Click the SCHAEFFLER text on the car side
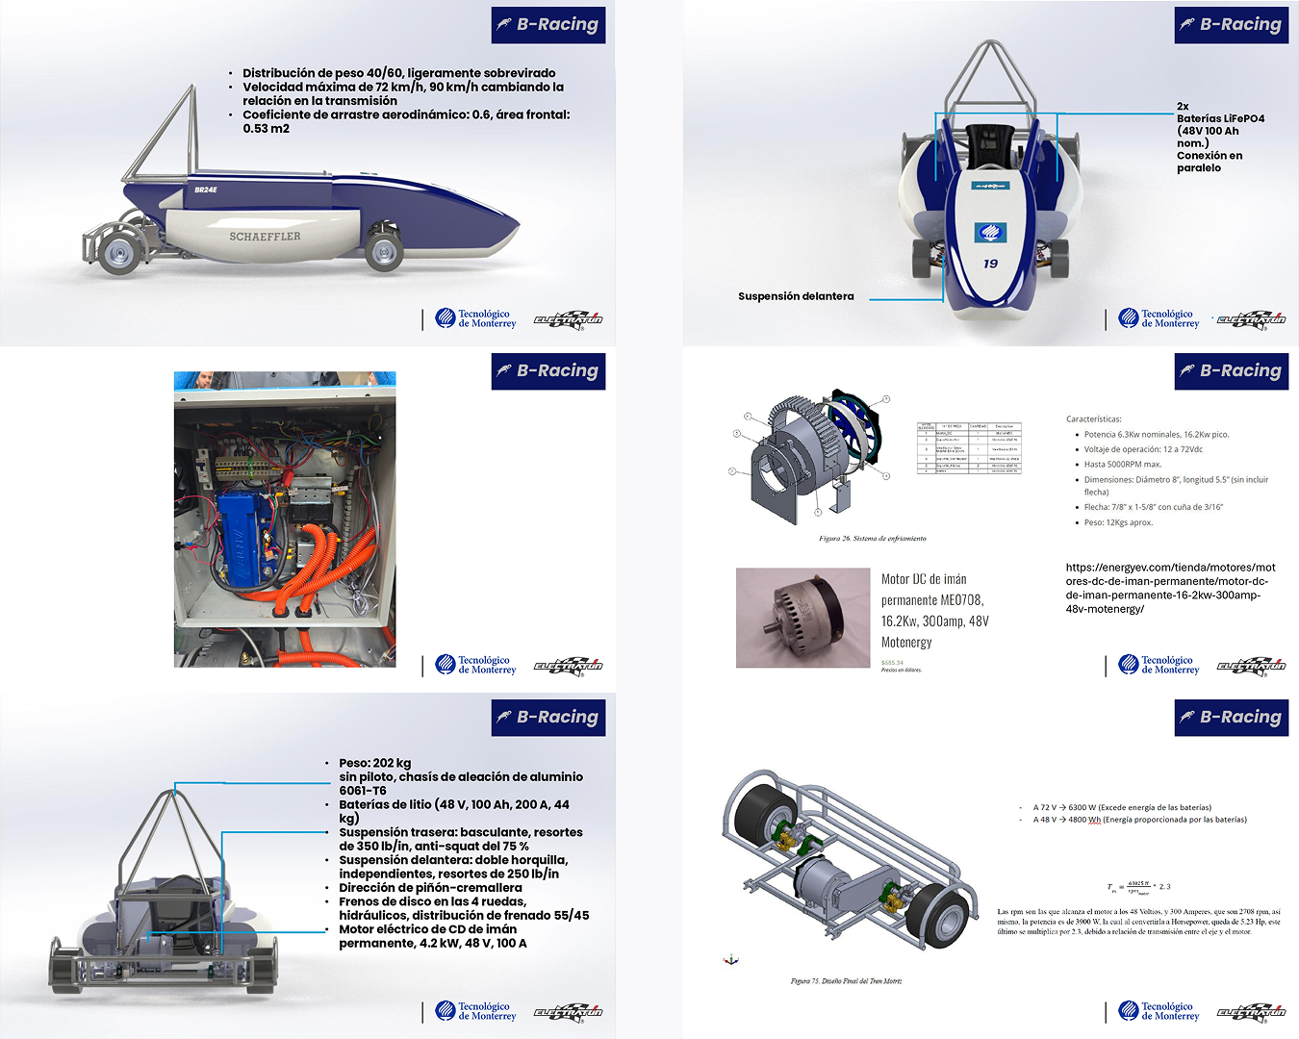tap(265, 236)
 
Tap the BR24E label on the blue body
tap(206, 190)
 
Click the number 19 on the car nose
tap(990, 263)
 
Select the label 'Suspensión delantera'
tap(796, 296)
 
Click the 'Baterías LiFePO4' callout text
tap(1220, 118)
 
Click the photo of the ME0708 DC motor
tap(802, 618)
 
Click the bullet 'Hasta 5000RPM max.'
tap(1123, 464)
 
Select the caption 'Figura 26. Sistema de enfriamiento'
tap(872, 538)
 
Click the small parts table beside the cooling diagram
tap(968, 447)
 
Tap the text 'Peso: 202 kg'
tap(374, 763)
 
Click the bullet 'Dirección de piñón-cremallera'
tap(430, 887)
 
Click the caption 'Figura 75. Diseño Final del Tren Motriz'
tap(846, 980)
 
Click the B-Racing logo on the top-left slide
tap(548, 25)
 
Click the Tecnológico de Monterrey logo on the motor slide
tap(1159, 665)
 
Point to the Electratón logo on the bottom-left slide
tap(568, 1011)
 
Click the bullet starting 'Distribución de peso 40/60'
tap(398, 73)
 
